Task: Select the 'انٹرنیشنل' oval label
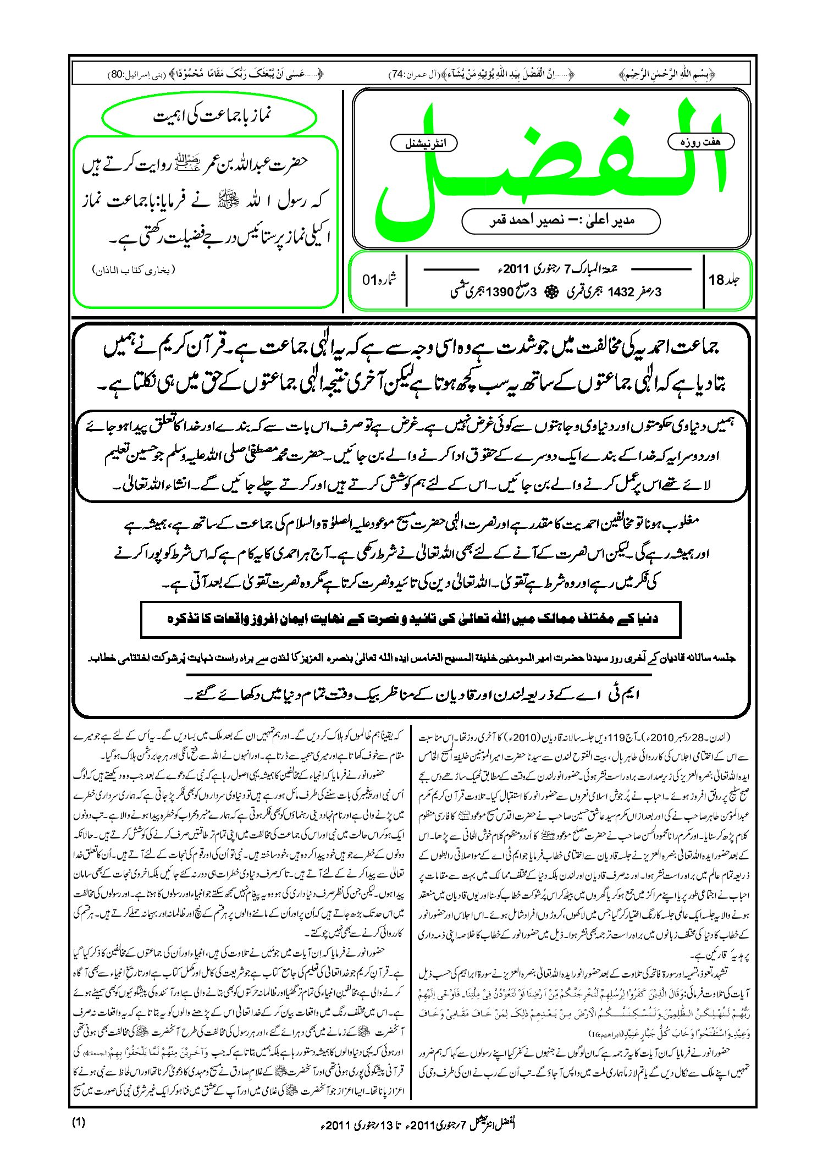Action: click(423, 144)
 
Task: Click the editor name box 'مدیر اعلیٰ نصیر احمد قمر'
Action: click(561, 220)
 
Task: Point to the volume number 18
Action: click(716, 280)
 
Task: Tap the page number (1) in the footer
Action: click(79, 1123)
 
